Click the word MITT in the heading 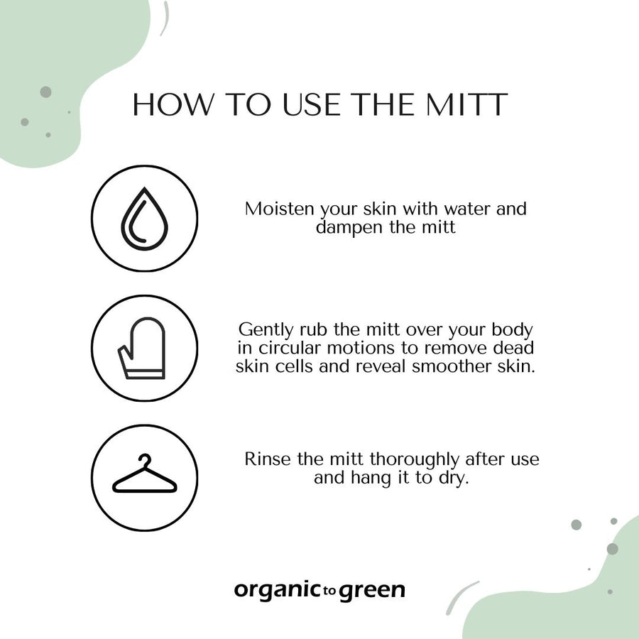(467, 104)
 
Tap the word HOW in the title (173, 104)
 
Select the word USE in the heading (312, 104)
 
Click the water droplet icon (144, 219)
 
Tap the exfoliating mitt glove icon (141, 348)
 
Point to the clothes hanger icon (145, 473)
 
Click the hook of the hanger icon (145, 459)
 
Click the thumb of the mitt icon (125, 354)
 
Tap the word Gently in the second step (266, 329)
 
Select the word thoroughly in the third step (414, 459)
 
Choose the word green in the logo (372, 591)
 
